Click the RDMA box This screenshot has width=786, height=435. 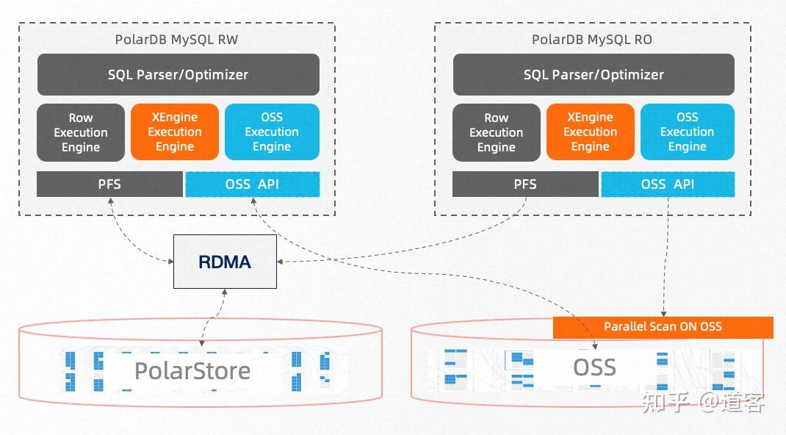click(225, 262)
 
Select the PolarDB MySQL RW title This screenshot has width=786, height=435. click(176, 40)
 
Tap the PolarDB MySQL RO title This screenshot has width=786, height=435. click(592, 40)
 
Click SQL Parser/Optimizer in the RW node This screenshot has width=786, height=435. click(178, 74)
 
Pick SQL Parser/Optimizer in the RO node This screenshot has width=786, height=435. click(594, 74)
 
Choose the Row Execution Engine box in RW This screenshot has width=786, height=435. click(81, 132)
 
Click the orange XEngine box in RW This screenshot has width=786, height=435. click(175, 132)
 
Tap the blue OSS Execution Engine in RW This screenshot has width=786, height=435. click(272, 132)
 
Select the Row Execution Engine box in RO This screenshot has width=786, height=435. click(497, 132)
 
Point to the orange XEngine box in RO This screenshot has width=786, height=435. click(591, 132)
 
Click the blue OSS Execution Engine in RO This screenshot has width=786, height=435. click(687, 132)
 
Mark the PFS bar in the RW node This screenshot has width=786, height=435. click(109, 184)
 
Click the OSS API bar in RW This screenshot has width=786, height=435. click(252, 184)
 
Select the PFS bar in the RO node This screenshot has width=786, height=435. click(525, 184)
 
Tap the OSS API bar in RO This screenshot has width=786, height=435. click(667, 184)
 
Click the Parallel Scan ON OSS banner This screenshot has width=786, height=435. click(663, 326)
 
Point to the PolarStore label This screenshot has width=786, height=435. click(192, 370)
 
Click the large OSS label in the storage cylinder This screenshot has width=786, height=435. click(594, 367)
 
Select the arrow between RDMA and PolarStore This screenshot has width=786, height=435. click(213, 317)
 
